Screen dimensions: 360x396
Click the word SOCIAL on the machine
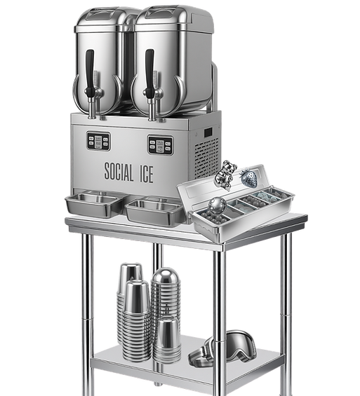coord(119,172)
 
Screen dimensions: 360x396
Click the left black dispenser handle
coord(90,73)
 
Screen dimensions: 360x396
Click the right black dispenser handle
coord(149,74)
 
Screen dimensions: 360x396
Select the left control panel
coord(98,141)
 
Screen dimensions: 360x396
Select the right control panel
coord(161,145)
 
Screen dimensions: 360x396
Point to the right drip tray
coord(154,211)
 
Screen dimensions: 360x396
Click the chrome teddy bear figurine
coord(225,175)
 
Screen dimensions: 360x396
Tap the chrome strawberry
coord(250,178)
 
